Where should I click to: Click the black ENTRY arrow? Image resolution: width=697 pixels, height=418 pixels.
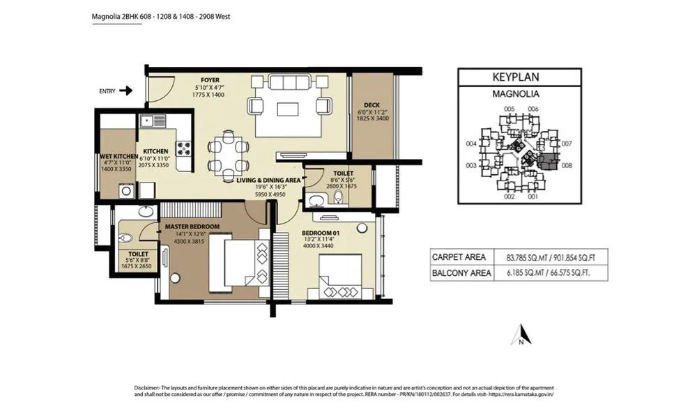126,91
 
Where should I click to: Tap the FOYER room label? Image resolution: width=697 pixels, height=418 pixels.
210,80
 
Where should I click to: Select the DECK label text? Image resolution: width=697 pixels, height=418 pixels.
372,105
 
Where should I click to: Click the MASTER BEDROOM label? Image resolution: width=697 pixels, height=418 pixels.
192,226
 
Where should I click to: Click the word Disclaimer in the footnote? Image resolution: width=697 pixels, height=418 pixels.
148,387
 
